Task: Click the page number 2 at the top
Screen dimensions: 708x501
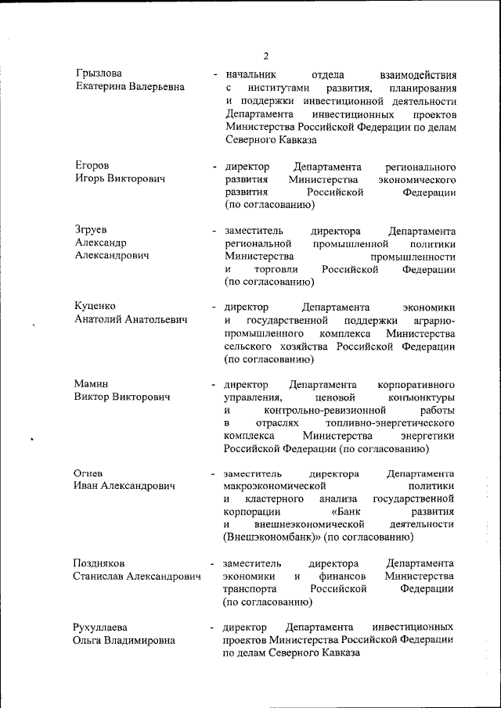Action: [265, 56]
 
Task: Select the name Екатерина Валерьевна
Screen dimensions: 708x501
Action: [131, 87]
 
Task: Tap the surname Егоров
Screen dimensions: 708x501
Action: [92, 166]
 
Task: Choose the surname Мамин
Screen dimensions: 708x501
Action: [92, 384]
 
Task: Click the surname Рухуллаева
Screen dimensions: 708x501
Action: [103, 627]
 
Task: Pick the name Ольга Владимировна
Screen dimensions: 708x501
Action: [125, 641]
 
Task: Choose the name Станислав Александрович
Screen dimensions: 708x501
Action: [137, 577]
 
